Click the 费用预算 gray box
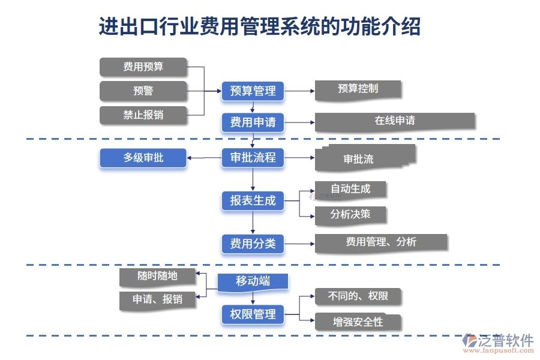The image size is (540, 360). point(143,67)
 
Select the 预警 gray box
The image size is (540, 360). point(143,91)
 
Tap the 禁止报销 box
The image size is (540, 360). point(143,115)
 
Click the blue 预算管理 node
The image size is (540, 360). point(253,91)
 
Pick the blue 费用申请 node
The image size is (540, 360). point(253,122)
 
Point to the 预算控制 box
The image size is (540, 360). point(358,89)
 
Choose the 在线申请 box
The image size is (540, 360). point(394,121)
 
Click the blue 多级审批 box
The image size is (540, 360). point(143,158)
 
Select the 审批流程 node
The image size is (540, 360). point(253,158)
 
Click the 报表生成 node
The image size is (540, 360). point(253,201)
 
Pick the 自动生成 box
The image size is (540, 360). point(350,189)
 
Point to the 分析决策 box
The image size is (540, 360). point(350,214)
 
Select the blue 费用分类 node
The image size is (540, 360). point(253,243)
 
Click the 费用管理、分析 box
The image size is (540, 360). point(381,242)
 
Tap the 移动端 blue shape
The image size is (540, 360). point(253,281)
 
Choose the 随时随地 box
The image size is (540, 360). point(157,277)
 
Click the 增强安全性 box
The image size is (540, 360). point(358,322)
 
